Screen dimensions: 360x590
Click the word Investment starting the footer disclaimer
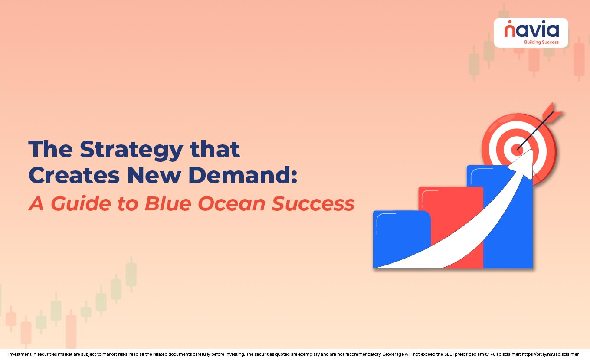20,354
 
